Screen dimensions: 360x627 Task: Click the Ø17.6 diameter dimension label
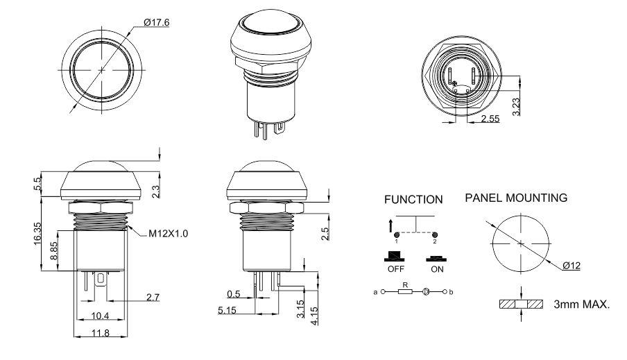coord(156,22)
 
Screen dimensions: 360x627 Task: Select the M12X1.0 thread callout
coord(168,233)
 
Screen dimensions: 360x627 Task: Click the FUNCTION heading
coord(413,200)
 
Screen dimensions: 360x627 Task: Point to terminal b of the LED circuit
coord(452,292)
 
